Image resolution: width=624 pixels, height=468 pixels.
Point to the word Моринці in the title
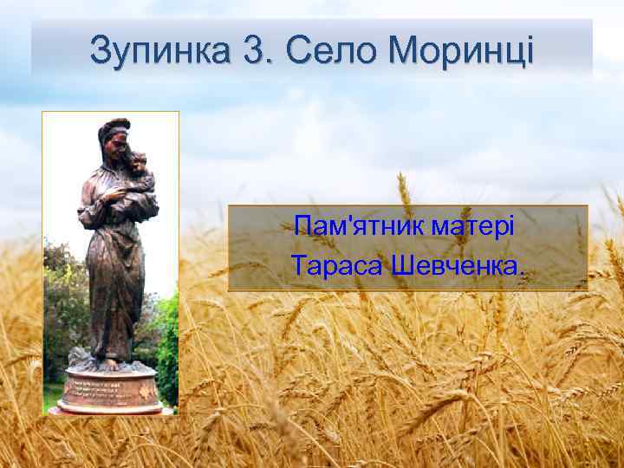461,51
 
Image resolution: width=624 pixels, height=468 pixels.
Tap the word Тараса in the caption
336,263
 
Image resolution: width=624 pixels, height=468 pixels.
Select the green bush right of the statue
167,347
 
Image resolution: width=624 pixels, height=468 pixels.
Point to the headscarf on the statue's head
112,129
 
